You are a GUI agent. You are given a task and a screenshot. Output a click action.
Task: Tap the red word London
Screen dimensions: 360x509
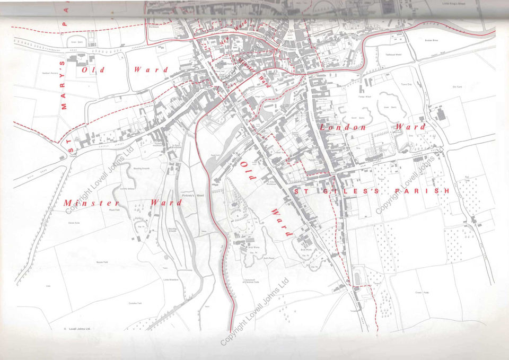[343, 128]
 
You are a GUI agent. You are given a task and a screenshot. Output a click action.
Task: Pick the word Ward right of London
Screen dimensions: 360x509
[410, 127]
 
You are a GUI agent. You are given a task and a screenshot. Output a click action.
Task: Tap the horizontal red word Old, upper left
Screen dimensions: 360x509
[94, 69]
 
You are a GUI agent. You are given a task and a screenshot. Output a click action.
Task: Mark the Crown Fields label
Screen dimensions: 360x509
[422, 292]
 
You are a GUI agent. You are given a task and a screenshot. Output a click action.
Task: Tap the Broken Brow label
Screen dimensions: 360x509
[432, 40]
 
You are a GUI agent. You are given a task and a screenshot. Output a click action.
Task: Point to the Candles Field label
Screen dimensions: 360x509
[135, 303]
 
